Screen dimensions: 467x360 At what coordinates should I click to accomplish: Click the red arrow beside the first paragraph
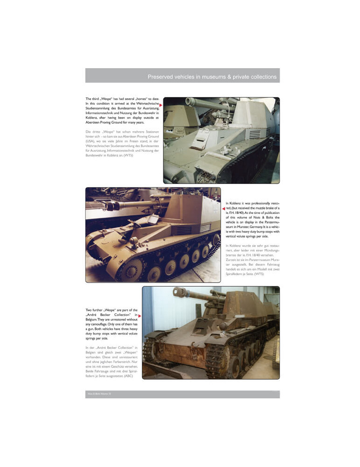(160, 105)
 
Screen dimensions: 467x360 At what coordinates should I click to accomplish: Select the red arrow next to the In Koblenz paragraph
(224, 209)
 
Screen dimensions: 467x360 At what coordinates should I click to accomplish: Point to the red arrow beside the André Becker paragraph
(140, 316)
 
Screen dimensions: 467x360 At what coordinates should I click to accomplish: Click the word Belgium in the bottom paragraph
(93, 322)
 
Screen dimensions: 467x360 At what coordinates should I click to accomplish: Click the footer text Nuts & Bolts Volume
(97, 395)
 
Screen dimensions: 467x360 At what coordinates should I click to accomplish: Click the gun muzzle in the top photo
(189, 101)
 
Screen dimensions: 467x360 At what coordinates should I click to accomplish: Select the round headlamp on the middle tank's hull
(132, 241)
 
